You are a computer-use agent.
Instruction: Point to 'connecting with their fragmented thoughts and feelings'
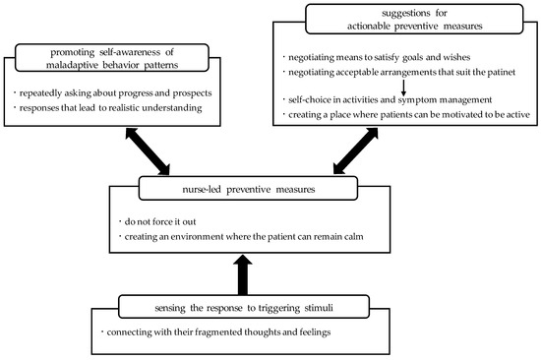216,331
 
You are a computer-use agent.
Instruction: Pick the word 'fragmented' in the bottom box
211,331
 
